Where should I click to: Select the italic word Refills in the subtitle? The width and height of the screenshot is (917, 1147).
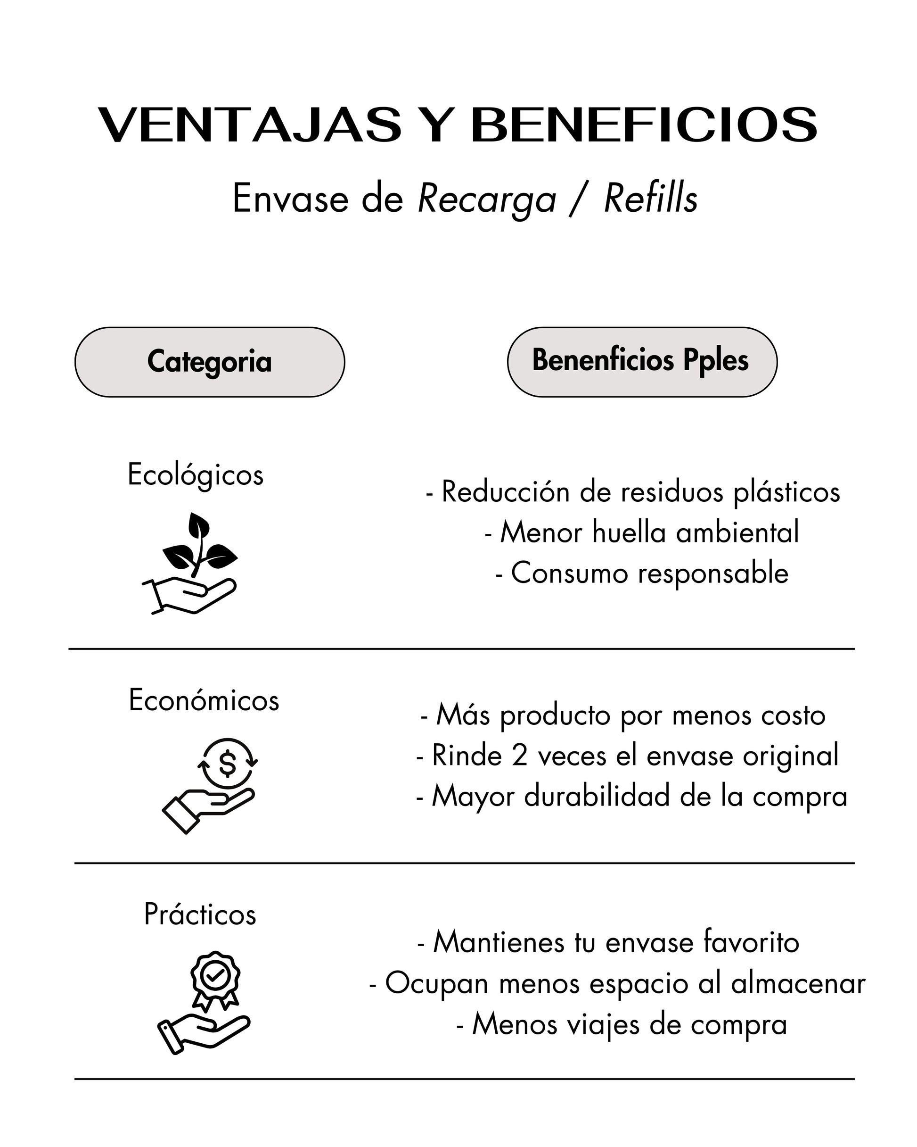[x=650, y=199]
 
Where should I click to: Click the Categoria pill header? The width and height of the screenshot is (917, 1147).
[x=209, y=362]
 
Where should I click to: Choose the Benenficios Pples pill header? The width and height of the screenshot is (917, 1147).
[x=642, y=362]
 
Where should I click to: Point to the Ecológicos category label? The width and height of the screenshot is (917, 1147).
[x=196, y=474]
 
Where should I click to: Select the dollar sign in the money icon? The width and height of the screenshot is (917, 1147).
[x=228, y=765]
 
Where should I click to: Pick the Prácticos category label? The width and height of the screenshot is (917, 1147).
[x=200, y=914]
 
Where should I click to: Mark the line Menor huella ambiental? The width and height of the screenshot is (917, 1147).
[x=642, y=532]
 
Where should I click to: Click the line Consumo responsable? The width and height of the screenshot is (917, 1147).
[x=642, y=573]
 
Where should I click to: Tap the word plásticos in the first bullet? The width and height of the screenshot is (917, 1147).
[x=787, y=491]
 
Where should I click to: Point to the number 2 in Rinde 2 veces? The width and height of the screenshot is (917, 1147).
[x=519, y=756]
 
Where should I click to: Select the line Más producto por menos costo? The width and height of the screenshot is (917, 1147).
[x=623, y=715]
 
